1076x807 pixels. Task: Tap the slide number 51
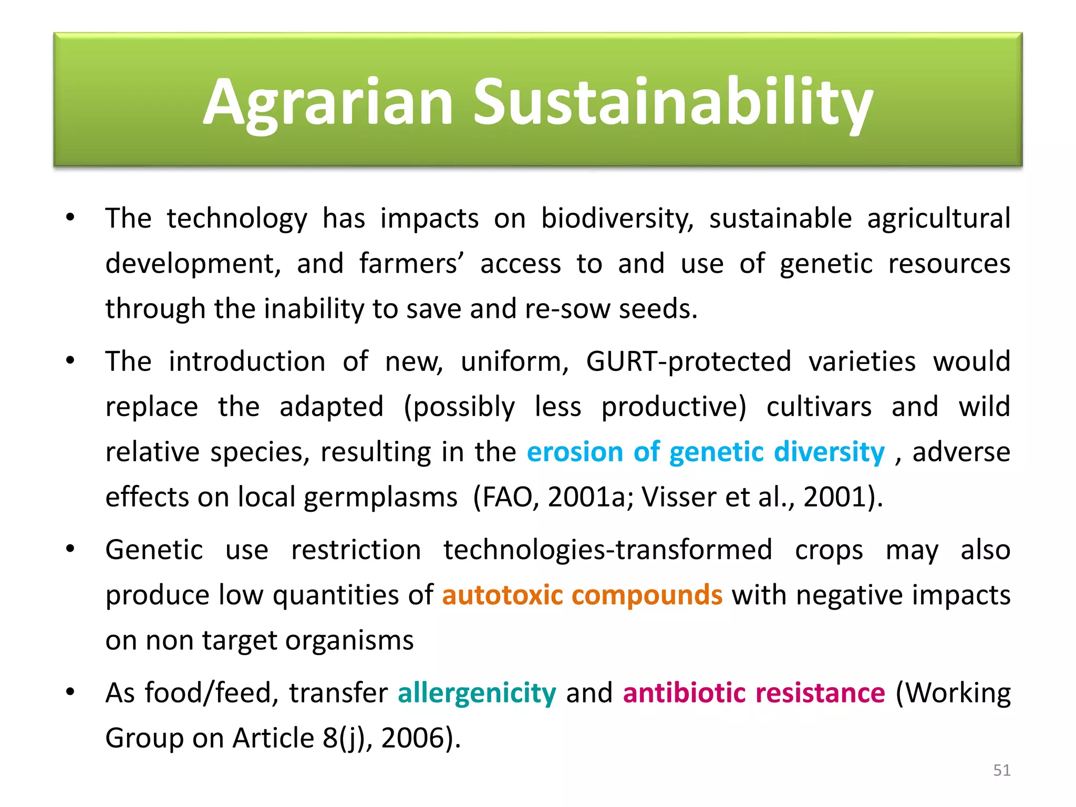click(x=1001, y=770)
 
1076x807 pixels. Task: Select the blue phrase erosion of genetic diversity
click(x=706, y=452)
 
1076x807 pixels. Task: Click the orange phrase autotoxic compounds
click(x=582, y=595)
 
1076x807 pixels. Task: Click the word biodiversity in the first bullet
click(x=617, y=218)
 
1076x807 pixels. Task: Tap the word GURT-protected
click(x=688, y=361)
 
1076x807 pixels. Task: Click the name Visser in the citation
click(x=678, y=497)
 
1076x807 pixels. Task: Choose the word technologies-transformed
click(x=608, y=550)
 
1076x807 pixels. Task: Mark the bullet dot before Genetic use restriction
click(x=70, y=549)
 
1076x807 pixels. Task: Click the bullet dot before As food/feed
click(x=70, y=692)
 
